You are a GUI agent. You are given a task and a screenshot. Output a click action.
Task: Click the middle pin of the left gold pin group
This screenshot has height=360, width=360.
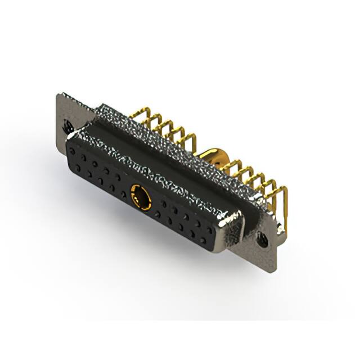(163, 127)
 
